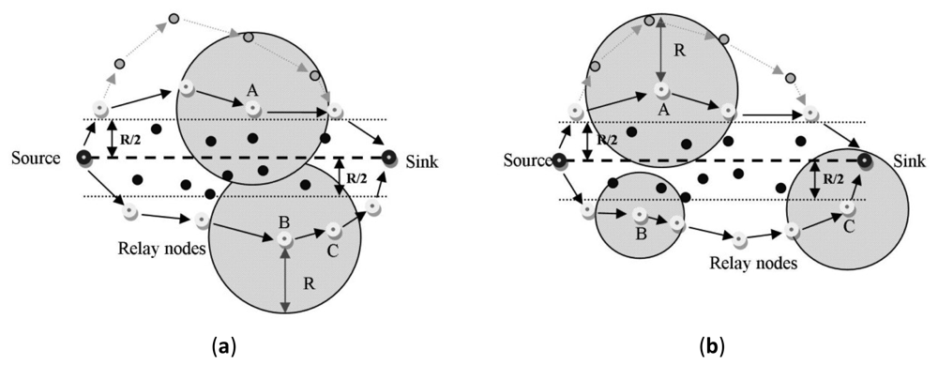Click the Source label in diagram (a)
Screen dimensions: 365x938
pos(37,158)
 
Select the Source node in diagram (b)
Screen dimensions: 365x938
pos(559,160)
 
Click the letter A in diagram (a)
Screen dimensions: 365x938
pos(251,90)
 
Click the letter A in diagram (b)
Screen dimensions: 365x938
pos(662,111)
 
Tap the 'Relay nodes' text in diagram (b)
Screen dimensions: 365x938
pos(759,264)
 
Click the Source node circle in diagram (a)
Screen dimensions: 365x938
pos(84,158)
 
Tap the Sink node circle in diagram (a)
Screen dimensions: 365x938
pos(389,158)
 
